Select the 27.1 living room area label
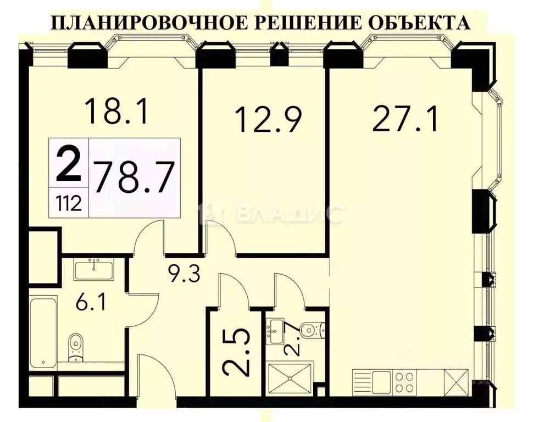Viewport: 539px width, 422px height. coord(405,118)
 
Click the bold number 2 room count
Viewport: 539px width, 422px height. coord(68,162)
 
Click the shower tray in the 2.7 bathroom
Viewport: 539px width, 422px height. coord(290,377)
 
